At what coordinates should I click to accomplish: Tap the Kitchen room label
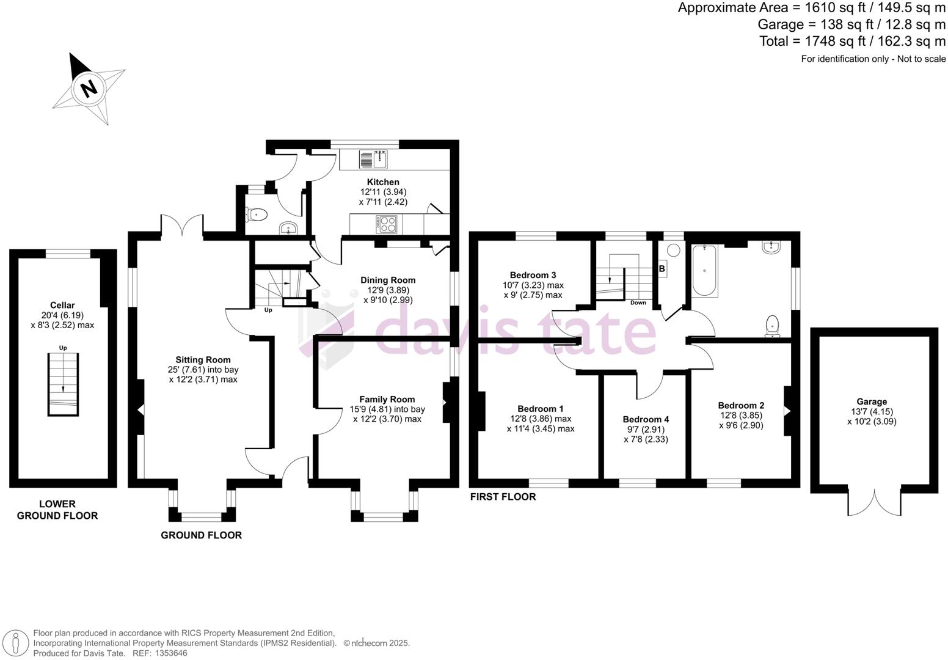383,182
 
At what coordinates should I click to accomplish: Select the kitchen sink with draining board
373,159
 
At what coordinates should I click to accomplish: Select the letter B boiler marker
662,268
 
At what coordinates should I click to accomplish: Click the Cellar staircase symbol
63,384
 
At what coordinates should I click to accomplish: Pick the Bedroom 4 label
646,419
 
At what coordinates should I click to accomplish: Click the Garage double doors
874,501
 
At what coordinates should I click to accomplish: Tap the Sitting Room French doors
181,224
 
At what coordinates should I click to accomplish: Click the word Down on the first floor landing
638,302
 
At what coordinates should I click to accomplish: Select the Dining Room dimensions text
387,295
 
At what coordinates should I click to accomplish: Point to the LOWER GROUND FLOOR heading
57,510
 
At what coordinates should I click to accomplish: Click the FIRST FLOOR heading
503,497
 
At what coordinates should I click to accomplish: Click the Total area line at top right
852,41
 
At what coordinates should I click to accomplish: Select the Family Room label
387,399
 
